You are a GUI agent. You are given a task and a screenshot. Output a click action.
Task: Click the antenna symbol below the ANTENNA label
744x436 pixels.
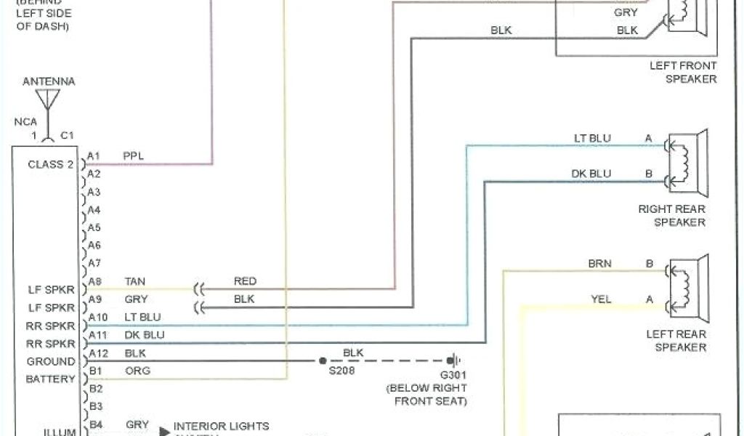(49, 102)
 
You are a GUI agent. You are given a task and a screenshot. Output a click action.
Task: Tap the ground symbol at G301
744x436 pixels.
(455, 360)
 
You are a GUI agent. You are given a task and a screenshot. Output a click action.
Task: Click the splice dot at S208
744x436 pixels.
(320, 360)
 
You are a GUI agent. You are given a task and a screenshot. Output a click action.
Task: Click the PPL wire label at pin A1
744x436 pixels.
(134, 156)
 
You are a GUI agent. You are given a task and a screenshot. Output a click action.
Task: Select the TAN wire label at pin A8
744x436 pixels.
(135, 281)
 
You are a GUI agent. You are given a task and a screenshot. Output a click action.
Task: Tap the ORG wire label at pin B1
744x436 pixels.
(136, 371)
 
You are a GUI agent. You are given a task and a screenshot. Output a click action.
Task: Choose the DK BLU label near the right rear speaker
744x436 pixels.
(591, 174)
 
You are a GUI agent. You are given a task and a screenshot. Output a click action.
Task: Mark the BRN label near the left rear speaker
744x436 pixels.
(599, 264)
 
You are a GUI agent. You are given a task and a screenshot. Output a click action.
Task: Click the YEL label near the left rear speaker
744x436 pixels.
(601, 299)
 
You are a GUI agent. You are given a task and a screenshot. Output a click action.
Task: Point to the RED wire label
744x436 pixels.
(245, 281)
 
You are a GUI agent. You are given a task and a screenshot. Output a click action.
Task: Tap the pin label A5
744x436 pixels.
(94, 227)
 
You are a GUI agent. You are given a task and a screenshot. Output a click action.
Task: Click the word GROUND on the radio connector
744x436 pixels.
(51, 361)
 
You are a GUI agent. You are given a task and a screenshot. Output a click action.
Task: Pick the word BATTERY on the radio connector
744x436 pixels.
(50, 379)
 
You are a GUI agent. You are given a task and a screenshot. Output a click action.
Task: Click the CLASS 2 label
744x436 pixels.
(50, 164)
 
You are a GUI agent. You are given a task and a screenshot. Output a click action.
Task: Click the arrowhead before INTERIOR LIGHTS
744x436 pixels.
(164, 430)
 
